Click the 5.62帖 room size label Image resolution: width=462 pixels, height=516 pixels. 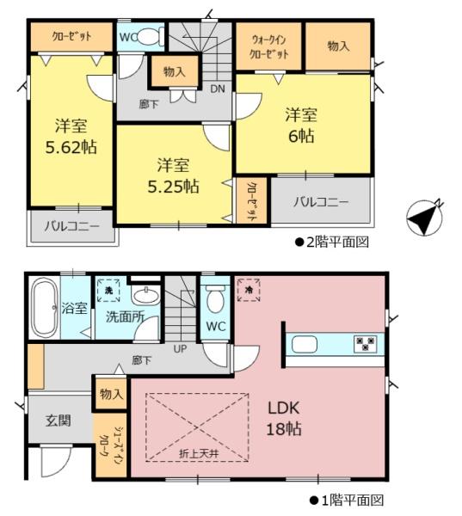click(x=71, y=147)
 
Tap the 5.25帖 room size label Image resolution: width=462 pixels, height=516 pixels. click(x=173, y=187)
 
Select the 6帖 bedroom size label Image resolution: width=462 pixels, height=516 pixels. click(x=301, y=136)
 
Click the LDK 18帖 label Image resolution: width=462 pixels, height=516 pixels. click(x=284, y=419)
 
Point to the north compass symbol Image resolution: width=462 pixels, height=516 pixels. click(x=424, y=218)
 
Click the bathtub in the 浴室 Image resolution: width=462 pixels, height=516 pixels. click(x=44, y=308)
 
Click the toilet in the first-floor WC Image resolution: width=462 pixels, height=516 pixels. click(x=215, y=299)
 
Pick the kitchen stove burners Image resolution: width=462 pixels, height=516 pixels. click(x=365, y=344)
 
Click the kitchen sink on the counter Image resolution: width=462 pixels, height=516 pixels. click(x=305, y=344)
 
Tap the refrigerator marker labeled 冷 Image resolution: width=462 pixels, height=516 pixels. click(x=249, y=290)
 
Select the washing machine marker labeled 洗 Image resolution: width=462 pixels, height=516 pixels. click(x=108, y=291)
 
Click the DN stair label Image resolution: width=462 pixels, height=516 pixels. click(x=218, y=89)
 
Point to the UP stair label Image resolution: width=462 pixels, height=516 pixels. click(x=180, y=348)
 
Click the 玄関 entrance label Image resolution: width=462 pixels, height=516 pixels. click(x=59, y=421)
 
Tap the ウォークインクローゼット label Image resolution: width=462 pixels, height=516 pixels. click(x=268, y=47)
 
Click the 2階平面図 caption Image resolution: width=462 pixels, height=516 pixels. click(x=332, y=243)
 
